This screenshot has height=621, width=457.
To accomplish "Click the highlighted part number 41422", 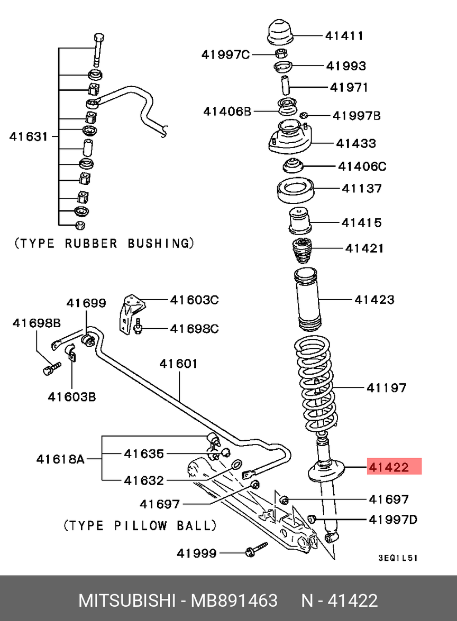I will pyautogui.click(x=389, y=467).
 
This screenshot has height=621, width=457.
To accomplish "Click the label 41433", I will pyautogui.click(x=356, y=143).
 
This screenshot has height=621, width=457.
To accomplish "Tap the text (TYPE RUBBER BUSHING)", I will pyautogui.click(x=104, y=244).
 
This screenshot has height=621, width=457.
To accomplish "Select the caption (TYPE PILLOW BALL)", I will pyautogui.click(x=140, y=526).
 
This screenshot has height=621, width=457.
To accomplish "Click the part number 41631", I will pyautogui.click(x=29, y=136).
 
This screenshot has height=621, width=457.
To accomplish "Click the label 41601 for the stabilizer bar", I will pyautogui.click(x=179, y=364).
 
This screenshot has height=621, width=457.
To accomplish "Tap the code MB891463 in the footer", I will pyautogui.click(x=234, y=600).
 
